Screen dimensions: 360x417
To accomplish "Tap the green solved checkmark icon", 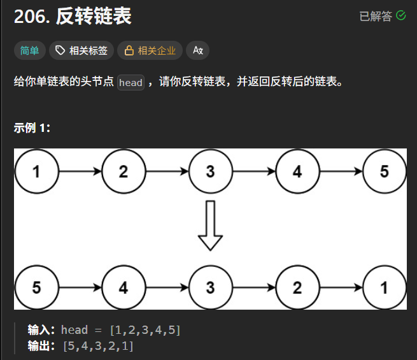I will [x=401, y=16].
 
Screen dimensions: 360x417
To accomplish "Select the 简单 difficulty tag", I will [x=29, y=50].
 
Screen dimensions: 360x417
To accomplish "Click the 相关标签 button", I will [x=81, y=50].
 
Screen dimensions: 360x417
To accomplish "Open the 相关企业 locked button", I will [x=150, y=50].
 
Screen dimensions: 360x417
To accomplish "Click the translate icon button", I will [x=197, y=50].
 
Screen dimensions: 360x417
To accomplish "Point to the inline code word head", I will [x=131, y=83].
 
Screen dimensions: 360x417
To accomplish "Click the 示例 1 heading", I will [x=32, y=127].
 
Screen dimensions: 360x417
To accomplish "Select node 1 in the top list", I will [x=36, y=171].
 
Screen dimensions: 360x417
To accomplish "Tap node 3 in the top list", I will [x=210, y=171].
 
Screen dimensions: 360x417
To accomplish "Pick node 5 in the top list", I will [x=384, y=171].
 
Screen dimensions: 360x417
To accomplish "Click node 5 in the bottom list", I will [x=36, y=287].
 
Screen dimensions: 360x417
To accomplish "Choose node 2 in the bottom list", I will [x=297, y=287].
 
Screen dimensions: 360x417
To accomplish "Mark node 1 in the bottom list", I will [x=384, y=287].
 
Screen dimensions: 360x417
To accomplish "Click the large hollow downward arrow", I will [x=210, y=227].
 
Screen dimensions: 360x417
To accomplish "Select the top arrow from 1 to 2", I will [x=80, y=171].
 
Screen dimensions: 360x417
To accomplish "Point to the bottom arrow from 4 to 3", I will [x=167, y=287].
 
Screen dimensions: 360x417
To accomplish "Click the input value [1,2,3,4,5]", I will [x=145, y=330].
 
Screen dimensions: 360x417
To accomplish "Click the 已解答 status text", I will [x=376, y=17].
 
